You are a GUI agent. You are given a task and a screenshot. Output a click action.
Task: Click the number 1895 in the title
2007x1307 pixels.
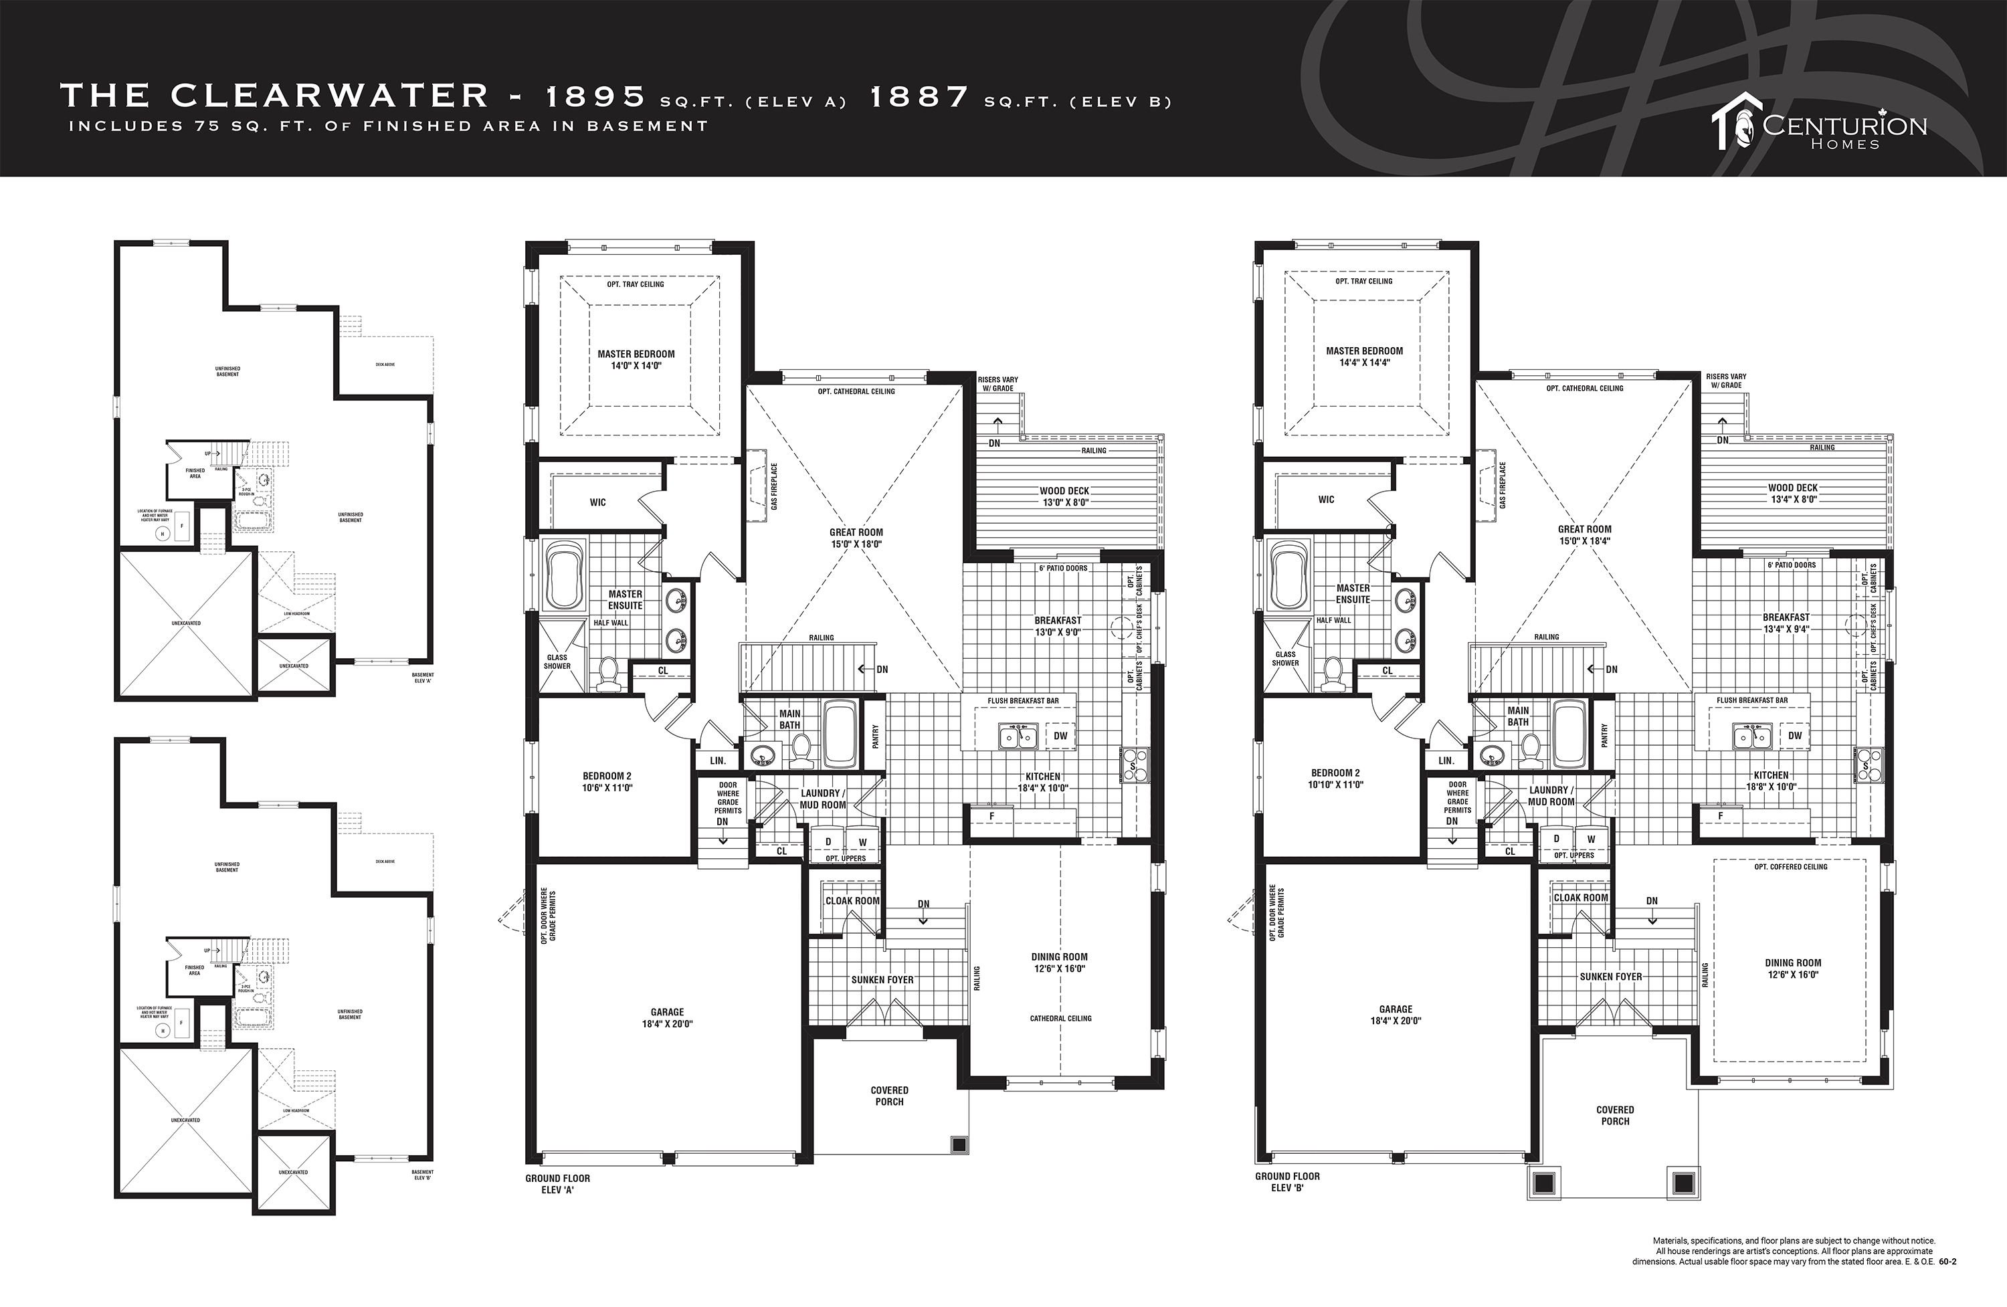pyautogui.click(x=595, y=97)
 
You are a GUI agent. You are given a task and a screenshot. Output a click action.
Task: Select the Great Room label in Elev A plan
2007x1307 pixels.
pyautogui.click(x=856, y=538)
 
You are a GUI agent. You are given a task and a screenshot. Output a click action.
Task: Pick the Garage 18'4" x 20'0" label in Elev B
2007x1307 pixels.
pyautogui.click(x=1396, y=1015)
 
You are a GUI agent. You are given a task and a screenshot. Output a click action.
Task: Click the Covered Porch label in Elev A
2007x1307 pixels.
pyautogui.click(x=890, y=1096)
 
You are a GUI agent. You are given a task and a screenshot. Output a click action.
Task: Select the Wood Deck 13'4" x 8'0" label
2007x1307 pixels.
pyautogui.click(x=1793, y=493)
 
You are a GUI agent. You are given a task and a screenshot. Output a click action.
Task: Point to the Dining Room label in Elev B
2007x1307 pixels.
pyautogui.click(x=1793, y=968)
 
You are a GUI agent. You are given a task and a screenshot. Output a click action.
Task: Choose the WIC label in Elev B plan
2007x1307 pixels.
pyautogui.click(x=1327, y=499)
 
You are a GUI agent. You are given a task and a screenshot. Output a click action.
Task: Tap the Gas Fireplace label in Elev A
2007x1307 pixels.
pyautogui.click(x=773, y=486)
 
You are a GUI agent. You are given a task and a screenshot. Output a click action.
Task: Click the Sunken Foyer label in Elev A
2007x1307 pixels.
pyautogui.click(x=882, y=980)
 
